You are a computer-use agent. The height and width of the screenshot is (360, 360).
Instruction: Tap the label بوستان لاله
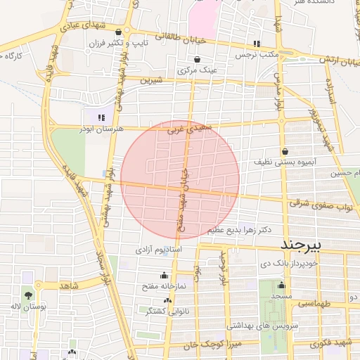click(27, 307)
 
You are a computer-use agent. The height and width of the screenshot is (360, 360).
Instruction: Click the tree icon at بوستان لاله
click(27, 295)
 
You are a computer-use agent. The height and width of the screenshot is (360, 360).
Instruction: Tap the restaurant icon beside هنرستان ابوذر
click(102, 117)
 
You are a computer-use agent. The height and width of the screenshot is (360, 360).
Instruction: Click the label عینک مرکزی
click(195, 70)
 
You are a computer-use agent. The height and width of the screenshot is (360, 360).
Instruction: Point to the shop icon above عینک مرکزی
click(196, 59)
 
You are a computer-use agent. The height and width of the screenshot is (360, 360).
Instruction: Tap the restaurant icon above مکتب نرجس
click(257, 43)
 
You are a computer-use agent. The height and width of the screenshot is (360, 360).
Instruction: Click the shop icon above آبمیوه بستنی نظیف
click(285, 151)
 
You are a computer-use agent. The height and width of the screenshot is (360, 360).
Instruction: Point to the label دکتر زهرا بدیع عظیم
click(239, 230)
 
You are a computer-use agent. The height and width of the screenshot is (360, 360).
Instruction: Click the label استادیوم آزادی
click(160, 249)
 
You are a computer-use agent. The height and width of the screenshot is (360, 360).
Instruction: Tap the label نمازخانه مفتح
click(165, 286)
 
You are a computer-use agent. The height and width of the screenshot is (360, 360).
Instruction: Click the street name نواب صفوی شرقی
click(319, 205)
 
